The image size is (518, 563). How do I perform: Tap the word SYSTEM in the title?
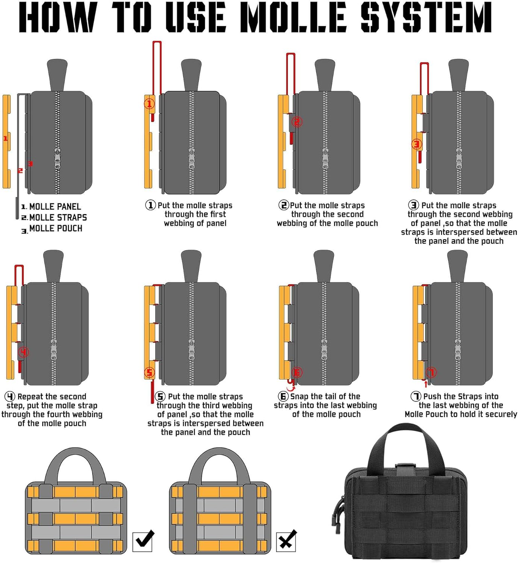[x=426, y=17]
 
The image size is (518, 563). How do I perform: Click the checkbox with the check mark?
[x=142, y=541]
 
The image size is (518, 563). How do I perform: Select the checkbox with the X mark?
[x=286, y=541]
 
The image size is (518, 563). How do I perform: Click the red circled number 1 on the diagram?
[x=149, y=104]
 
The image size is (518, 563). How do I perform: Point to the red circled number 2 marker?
[x=297, y=122]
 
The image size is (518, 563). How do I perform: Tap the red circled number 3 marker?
[x=416, y=144]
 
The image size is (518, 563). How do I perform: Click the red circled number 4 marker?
[x=24, y=352]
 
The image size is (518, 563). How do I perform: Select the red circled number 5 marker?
[x=150, y=372]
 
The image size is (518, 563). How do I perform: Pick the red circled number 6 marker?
[x=297, y=372]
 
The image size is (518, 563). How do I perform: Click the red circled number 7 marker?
[x=431, y=372]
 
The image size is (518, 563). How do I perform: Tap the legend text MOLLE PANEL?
[x=55, y=207]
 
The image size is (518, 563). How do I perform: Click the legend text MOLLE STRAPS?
[x=58, y=218]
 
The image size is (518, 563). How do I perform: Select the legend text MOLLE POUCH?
[x=56, y=229]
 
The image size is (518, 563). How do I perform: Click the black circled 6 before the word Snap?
[x=283, y=396]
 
